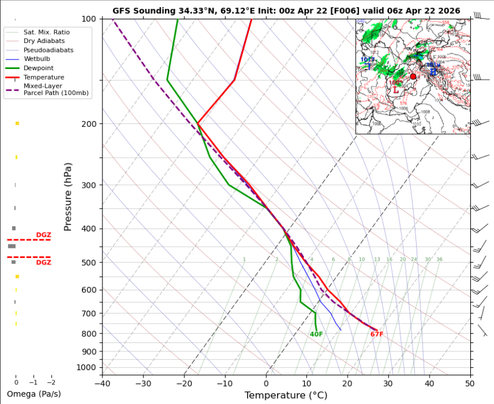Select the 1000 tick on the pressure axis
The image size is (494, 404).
tap(88, 368)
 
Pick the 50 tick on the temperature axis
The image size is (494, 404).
tap(470, 383)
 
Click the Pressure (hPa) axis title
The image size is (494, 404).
tap(68, 196)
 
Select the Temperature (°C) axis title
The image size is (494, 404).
tap(285, 396)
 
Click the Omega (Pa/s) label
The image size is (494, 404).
tap(33, 394)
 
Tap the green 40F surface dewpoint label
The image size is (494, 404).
tap(316, 334)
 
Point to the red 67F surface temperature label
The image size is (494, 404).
tap(377, 334)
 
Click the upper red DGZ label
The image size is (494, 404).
tap(44, 235)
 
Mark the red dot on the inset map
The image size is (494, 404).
tap(413, 76)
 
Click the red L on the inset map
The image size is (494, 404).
tap(396, 90)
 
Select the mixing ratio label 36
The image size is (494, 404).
tap(439, 260)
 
